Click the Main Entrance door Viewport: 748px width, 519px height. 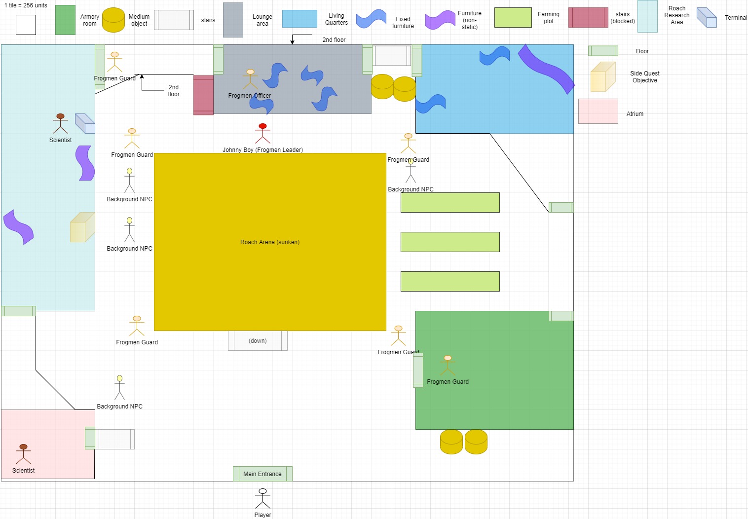[262, 474]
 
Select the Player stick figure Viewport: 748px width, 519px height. [263, 498]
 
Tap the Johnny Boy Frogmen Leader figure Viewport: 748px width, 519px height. [263, 133]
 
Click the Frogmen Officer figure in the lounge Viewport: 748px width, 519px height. [250, 79]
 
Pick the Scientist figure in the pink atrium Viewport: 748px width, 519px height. [23, 454]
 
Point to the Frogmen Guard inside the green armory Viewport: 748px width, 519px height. [448, 365]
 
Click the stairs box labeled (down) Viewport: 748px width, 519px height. [258, 341]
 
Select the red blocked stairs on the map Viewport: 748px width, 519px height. [203, 95]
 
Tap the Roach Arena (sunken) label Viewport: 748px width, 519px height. [270, 242]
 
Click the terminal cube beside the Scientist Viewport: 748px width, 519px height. [85, 123]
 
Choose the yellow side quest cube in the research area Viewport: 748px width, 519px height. [82, 227]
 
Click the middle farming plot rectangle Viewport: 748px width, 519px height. [450, 242]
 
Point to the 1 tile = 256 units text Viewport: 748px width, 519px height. [26, 5]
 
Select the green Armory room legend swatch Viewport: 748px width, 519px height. [66, 20]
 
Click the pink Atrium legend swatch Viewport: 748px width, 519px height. [598, 111]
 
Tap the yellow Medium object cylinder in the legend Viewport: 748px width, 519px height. [113, 20]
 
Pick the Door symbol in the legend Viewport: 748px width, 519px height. [603, 51]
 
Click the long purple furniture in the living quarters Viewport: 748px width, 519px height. [546, 70]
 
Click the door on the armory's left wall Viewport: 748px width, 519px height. [418, 371]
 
